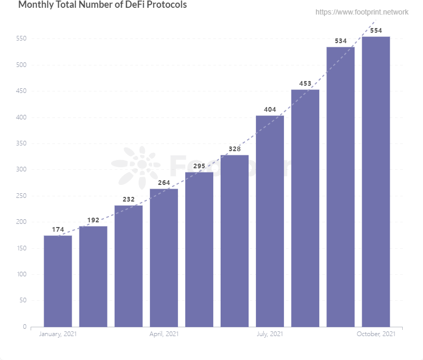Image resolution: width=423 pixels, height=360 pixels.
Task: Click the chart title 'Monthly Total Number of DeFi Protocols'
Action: pyautogui.click(x=102, y=5)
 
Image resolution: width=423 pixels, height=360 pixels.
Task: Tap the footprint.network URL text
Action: pyautogui.click(x=362, y=12)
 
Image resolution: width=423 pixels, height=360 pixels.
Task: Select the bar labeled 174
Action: pyautogui.click(x=58, y=281)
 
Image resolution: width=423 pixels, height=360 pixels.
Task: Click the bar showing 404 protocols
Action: pyautogui.click(x=269, y=221)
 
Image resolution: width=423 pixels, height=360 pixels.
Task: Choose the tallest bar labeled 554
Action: pyautogui.click(x=376, y=182)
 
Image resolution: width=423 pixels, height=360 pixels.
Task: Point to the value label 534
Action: pyautogui.click(x=340, y=41)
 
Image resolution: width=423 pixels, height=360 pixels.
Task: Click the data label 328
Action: pyautogui.click(x=235, y=149)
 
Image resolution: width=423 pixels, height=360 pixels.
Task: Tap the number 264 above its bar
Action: pyautogui.click(x=164, y=182)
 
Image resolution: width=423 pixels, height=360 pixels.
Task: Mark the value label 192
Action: pyautogui.click(x=93, y=220)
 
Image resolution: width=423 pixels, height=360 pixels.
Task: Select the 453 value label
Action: pyautogui.click(x=305, y=84)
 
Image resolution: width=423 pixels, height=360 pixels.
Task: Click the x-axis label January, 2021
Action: pyautogui.click(x=58, y=334)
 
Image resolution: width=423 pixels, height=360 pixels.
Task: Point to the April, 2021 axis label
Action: pyautogui.click(x=164, y=334)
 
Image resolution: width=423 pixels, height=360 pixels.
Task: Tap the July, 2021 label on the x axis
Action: pyautogui.click(x=270, y=334)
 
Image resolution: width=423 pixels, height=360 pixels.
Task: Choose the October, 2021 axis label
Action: pyautogui.click(x=376, y=334)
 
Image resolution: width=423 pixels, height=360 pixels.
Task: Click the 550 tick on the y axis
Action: pyautogui.click(x=21, y=39)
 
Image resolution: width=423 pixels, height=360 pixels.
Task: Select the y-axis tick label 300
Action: pyautogui.click(x=21, y=170)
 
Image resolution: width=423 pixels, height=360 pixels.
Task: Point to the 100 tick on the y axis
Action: pyautogui.click(x=21, y=274)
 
